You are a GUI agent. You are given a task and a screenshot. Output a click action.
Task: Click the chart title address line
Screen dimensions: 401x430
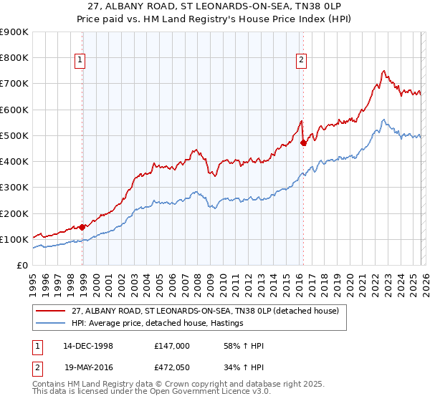pyautogui.click(x=215, y=6)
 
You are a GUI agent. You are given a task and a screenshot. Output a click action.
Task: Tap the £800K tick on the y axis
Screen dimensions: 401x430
pyautogui.click(x=14, y=58)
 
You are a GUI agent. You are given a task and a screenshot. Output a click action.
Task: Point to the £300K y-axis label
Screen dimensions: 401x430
pyautogui.click(x=14, y=188)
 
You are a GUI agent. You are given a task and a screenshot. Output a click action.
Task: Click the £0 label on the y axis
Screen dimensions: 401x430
pyautogui.click(x=22, y=266)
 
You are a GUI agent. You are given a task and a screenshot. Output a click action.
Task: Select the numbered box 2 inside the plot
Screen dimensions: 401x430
pyautogui.click(x=301, y=61)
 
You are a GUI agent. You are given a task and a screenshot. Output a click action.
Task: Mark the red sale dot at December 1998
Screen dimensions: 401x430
pyautogui.click(x=82, y=227)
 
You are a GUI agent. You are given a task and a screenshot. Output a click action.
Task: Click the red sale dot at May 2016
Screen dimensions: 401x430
pyautogui.click(x=303, y=142)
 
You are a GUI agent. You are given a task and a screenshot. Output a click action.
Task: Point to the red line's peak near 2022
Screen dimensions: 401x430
pyautogui.click(x=384, y=71)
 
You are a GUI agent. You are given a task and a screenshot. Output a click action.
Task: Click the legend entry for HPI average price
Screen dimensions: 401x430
pyautogui.click(x=158, y=324)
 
